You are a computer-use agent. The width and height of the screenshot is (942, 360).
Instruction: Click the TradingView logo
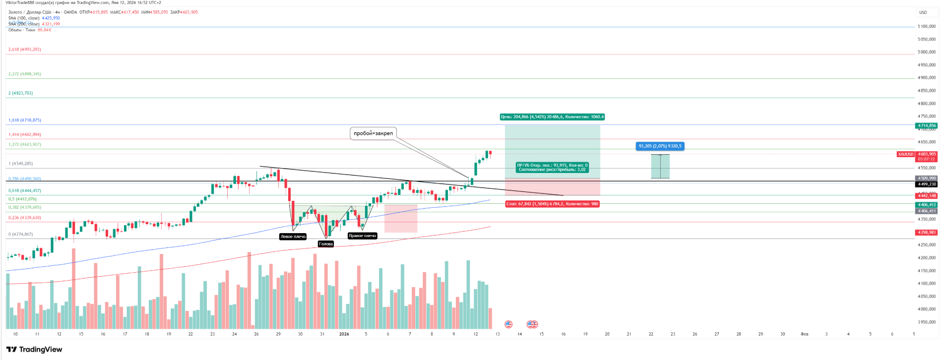click(34, 350)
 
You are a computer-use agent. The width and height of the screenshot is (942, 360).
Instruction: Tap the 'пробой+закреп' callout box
click(373, 133)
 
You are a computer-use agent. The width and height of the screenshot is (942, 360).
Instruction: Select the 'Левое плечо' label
click(293, 237)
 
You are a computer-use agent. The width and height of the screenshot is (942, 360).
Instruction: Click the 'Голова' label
click(326, 244)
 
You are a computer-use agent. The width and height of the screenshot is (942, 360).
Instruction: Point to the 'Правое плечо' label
click(362, 236)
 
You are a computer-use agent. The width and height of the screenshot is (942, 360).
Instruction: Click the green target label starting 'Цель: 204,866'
click(552, 117)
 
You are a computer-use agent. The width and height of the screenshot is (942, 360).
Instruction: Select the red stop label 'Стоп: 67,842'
click(552, 204)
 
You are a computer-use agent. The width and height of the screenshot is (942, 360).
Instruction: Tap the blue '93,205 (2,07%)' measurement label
click(660, 146)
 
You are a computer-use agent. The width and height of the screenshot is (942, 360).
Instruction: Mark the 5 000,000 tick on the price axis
click(926, 52)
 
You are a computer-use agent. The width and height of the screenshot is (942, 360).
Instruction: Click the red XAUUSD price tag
click(905, 154)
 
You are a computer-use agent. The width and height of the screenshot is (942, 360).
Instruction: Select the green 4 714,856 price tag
click(926, 126)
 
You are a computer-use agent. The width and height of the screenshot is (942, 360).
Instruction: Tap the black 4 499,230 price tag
click(926, 184)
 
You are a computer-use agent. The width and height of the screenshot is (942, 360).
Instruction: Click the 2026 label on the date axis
click(344, 334)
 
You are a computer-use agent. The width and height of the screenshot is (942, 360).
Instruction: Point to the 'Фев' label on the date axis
click(804, 334)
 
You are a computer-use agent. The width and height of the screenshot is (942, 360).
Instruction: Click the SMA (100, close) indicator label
click(24, 18)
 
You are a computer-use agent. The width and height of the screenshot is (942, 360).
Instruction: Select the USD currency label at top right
click(923, 12)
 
